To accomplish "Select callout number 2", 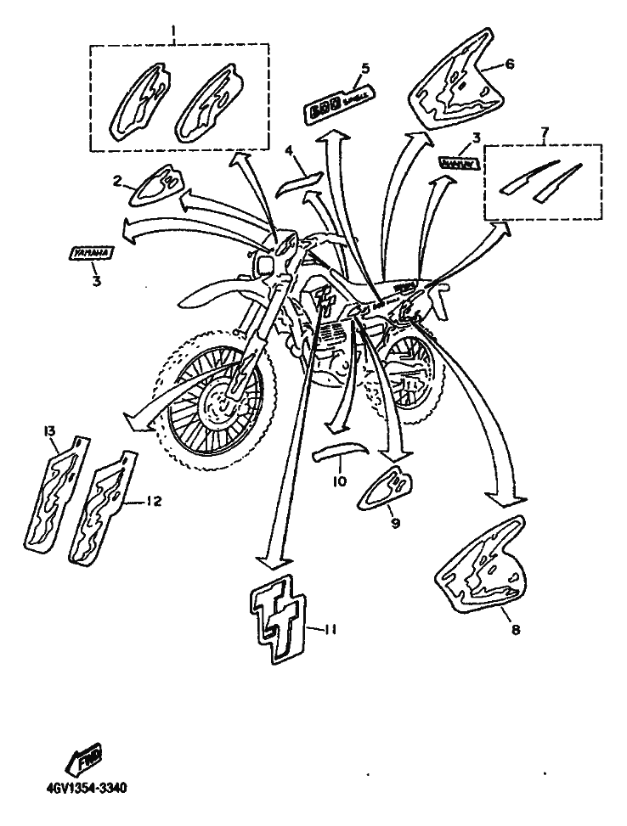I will pyautogui.click(x=118, y=180).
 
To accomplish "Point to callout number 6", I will pyautogui.click(x=510, y=64).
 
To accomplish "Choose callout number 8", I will pyautogui.click(x=516, y=630).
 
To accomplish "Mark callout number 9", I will pyautogui.click(x=395, y=523).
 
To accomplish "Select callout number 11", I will pyautogui.click(x=332, y=629).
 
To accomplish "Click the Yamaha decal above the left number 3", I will pyautogui.click(x=92, y=253).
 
